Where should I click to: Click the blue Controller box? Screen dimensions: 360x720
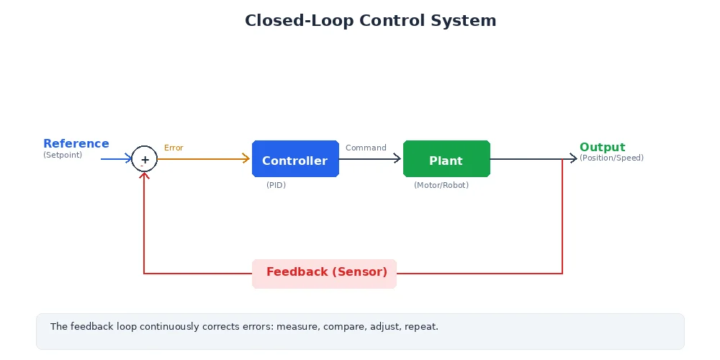coord(295,159)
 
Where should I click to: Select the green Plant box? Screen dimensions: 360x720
coord(446,159)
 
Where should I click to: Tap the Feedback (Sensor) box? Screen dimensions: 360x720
coord(324,274)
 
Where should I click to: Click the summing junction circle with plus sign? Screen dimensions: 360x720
coord(145,159)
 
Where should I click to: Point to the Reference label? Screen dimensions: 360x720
coord(76,144)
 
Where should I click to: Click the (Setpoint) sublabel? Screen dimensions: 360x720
coord(63,156)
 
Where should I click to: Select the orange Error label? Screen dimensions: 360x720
coord(174,148)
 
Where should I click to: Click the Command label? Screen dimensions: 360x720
coord(366,148)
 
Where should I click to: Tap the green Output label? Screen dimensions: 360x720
coord(602,148)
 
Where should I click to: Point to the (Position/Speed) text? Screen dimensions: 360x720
coord(611,158)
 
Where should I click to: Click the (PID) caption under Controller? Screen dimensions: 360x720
coord(276,186)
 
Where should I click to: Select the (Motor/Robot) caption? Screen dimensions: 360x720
coord(441,186)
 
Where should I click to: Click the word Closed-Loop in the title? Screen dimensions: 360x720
coord(299,21)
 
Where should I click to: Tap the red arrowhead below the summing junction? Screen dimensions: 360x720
coord(145,176)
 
